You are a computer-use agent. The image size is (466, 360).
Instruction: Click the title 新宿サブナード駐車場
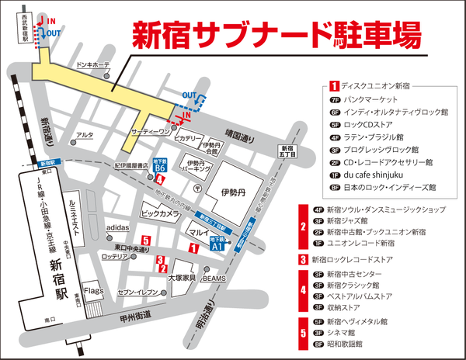(276, 34)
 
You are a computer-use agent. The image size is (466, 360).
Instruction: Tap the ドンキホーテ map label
(92, 66)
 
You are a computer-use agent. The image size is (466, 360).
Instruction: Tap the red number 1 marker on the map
(193, 247)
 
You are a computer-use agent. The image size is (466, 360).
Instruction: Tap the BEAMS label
(214, 278)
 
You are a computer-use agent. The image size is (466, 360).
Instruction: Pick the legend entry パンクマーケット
(371, 100)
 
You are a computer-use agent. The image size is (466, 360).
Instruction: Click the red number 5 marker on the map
(145, 241)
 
